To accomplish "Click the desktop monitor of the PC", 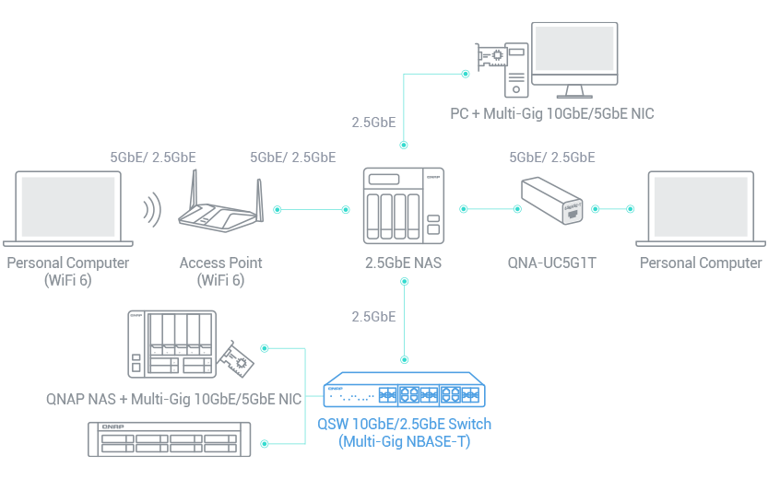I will pyautogui.click(x=575, y=58).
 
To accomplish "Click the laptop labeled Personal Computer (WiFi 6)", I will pyautogui.click(x=68, y=208).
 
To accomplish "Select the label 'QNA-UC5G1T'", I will pyautogui.click(x=552, y=263).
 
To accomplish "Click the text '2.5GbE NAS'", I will pyautogui.click(x=403, y=263).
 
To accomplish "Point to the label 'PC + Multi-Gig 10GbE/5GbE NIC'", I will pyautogui.click(x=552, y=114).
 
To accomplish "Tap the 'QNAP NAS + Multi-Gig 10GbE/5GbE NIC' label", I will pyautogui.click(x=174, y=400).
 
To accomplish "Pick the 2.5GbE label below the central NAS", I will pyautogui.click(x=373, y=317).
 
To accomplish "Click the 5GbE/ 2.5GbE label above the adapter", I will pyautogui.click(x=552, y=158).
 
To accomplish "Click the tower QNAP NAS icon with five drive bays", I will pyautogui.click(x=170, y=343).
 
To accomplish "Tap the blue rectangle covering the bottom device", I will pyautogui.click(x=416, y=410).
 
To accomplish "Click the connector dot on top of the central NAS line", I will pyautogui.click(x=403, y=145).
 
